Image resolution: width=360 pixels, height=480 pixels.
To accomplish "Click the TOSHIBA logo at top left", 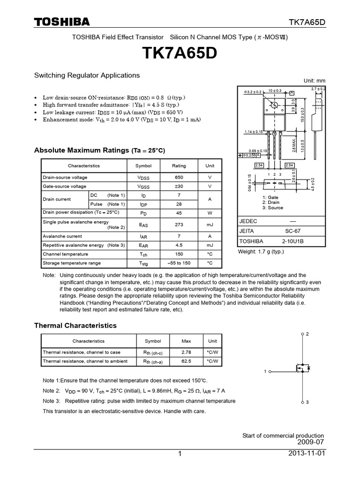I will coord(62,22).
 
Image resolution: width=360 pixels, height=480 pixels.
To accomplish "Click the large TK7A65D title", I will coord(180,54).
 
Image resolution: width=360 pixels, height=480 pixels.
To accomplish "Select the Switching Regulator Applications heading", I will coord(87,75).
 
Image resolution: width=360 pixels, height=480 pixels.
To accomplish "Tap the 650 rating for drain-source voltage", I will coord(179,178).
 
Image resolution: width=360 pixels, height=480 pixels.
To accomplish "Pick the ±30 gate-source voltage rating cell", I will coord(179,186).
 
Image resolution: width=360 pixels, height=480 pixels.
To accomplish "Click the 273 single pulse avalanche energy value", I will coord(179,225).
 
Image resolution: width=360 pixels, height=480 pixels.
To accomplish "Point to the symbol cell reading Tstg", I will coord(143,263).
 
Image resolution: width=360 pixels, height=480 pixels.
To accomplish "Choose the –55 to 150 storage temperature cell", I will coord(179,263).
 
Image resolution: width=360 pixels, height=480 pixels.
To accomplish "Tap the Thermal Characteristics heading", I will coord(75,325).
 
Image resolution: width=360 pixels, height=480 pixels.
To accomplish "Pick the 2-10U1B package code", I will coord(293,241).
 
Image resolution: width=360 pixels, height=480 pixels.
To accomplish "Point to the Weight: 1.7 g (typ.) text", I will coord(262,252).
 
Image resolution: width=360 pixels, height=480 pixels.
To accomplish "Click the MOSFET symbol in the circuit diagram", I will coord(302,369).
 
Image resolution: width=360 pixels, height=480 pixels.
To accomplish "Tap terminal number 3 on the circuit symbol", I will coord(307,403).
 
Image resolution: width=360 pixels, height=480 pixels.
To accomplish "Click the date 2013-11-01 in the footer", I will coord(307,454).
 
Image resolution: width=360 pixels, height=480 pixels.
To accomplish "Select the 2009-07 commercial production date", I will coord(310,442).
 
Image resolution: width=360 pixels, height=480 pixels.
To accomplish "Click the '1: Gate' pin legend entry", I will coord(271,197).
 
